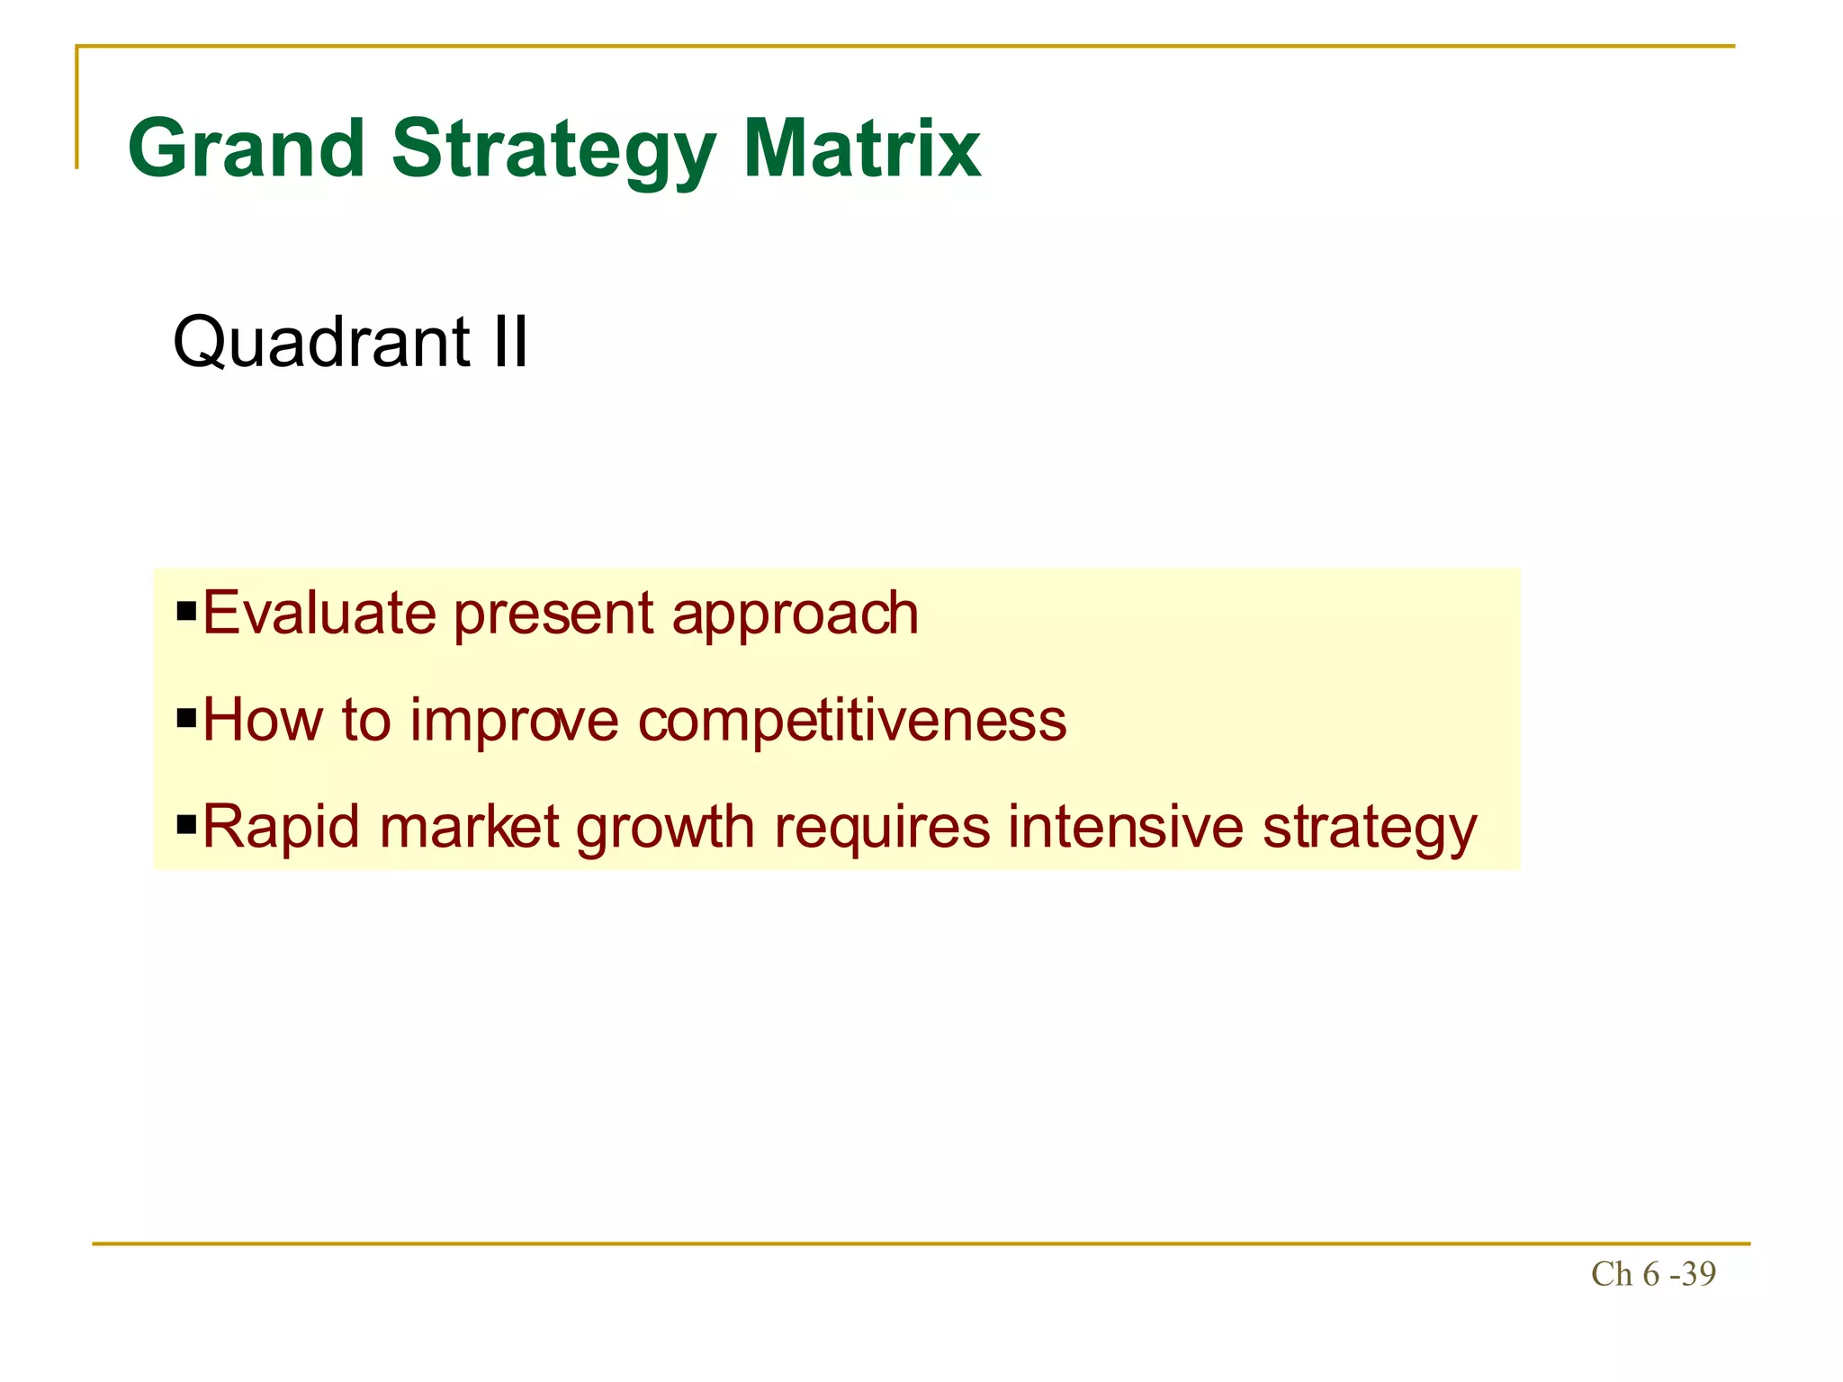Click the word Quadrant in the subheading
point(321,343)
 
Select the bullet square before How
point(186,720)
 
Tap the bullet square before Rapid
point(186,825)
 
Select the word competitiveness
point(852,722)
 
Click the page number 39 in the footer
point(1698,1274)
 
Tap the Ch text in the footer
point(1611,1274)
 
